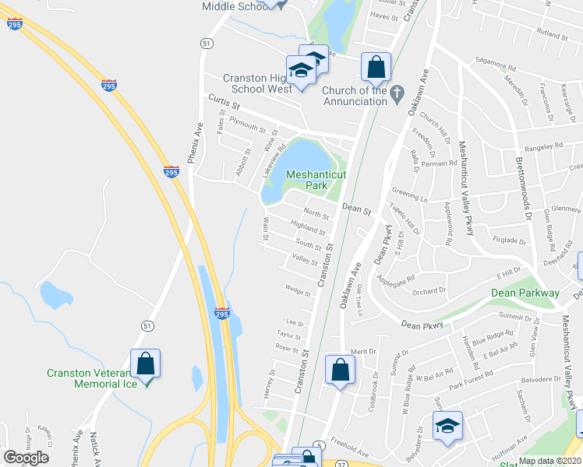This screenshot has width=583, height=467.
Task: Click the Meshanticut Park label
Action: coord(316,181)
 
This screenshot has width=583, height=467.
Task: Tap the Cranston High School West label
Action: coord(257,83)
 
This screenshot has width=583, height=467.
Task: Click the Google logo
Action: coord(26,458)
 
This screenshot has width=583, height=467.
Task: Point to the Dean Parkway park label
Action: coord(525,293)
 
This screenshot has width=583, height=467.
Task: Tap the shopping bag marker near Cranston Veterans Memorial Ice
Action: coord(145,363)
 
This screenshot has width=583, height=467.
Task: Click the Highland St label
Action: coord(307,227)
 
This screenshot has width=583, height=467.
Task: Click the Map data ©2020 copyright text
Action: coord(549,461)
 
